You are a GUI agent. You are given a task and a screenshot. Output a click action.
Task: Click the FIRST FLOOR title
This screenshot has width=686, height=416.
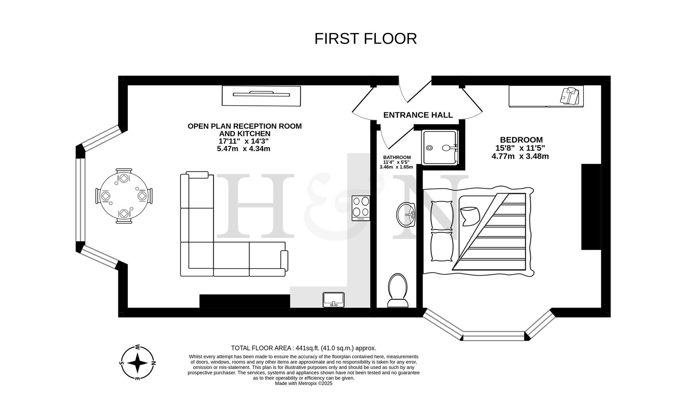[365, 39]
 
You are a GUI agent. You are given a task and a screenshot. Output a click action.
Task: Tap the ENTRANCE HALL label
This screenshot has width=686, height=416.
[418, 115]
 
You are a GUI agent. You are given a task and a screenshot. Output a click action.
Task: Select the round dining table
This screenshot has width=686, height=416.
[124, 196]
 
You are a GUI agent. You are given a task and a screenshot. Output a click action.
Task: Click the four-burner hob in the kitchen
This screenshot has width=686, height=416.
[361, 208]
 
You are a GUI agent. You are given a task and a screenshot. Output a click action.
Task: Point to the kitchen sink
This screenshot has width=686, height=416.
[334, 300]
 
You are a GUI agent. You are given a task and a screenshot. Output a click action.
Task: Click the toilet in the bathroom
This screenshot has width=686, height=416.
[398, 290]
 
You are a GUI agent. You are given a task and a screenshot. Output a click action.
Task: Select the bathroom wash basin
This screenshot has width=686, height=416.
[406, 215]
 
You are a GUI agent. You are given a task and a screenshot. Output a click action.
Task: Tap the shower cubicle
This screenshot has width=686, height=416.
[440, 148]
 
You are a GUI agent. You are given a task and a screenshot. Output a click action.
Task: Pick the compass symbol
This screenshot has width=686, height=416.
[138, 362]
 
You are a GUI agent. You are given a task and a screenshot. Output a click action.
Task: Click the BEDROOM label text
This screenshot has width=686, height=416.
[521, 140]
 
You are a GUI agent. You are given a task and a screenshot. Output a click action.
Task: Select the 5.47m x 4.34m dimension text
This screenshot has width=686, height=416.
[243, 149]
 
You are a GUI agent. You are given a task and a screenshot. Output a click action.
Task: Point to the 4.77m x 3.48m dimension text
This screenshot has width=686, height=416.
[520, 156]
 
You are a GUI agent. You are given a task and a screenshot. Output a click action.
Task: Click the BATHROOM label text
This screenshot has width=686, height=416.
[396, 157]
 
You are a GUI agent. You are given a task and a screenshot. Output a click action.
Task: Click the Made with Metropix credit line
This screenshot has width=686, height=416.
[303, 383]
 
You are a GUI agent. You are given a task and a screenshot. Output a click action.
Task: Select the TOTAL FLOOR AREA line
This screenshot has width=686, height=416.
[303, 348]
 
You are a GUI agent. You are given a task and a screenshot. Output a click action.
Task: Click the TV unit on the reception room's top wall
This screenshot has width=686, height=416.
[261, 96]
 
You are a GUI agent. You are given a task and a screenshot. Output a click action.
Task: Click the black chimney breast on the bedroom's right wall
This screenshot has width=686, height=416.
[591, 207]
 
